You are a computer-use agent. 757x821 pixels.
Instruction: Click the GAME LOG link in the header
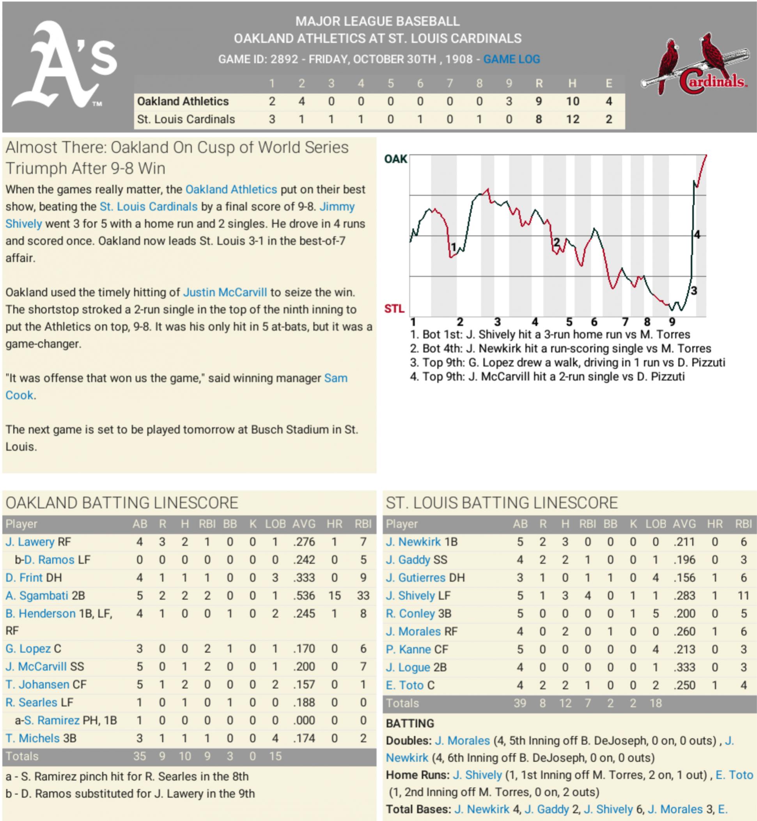tap(511, 59)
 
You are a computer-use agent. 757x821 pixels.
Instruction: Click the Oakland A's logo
tap(64, 65)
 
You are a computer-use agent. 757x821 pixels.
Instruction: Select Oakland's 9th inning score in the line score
tap(509, 101)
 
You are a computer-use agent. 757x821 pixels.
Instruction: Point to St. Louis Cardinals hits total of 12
tap(572, 119)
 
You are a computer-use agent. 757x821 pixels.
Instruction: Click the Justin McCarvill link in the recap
tap(225, 292)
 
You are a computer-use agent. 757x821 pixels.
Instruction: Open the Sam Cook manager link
tap(335, 378)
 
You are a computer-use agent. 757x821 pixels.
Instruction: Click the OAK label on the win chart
tap(395, 159)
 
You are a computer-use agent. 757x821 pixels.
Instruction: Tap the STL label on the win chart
tap(394, 309)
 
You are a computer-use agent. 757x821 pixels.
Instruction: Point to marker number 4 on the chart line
tap(697, 235)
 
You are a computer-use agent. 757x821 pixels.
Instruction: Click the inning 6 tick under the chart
tap(594, 322)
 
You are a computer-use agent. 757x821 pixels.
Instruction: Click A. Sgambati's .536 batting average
tap(303, 595)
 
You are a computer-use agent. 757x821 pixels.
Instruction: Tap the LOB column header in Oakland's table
tap(275, 524)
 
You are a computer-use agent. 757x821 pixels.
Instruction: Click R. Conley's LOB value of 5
tap(656, 613)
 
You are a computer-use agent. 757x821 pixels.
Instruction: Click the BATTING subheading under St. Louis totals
tap(410, 723)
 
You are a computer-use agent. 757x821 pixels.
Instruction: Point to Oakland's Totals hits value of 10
tap(185, 756)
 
